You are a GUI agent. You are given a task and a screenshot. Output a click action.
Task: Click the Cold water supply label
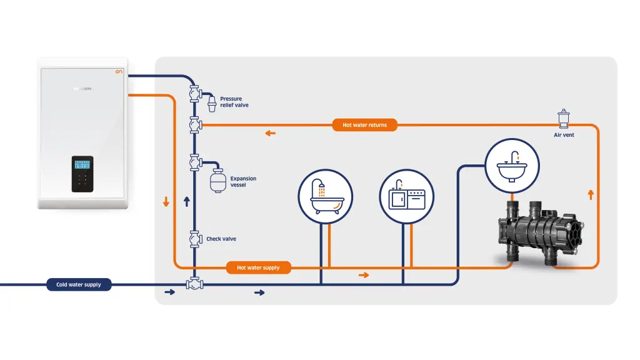[x=79, y=284]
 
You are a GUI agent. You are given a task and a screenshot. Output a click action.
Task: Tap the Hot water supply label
[x=258, y=267]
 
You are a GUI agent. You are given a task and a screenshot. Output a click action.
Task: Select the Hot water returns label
[x=364, y=125]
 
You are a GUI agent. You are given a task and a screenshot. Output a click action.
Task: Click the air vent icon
[x=564, y=119]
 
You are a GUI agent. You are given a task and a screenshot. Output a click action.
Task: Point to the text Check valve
[x=221, y=239]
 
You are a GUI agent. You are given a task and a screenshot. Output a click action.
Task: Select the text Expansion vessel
[x=243, y=182]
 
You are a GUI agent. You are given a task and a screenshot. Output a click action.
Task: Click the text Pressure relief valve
[x=234, y=102]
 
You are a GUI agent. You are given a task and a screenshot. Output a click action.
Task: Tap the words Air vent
[x=564, y=135]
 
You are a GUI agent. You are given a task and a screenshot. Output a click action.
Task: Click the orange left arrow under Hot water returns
[x=270, y=133]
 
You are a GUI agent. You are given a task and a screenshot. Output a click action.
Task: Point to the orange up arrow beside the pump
[x=591, y=195]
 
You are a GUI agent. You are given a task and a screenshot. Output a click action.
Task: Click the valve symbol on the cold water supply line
[x=194, y=284]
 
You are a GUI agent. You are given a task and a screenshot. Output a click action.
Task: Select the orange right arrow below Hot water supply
[x=364, y=275]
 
